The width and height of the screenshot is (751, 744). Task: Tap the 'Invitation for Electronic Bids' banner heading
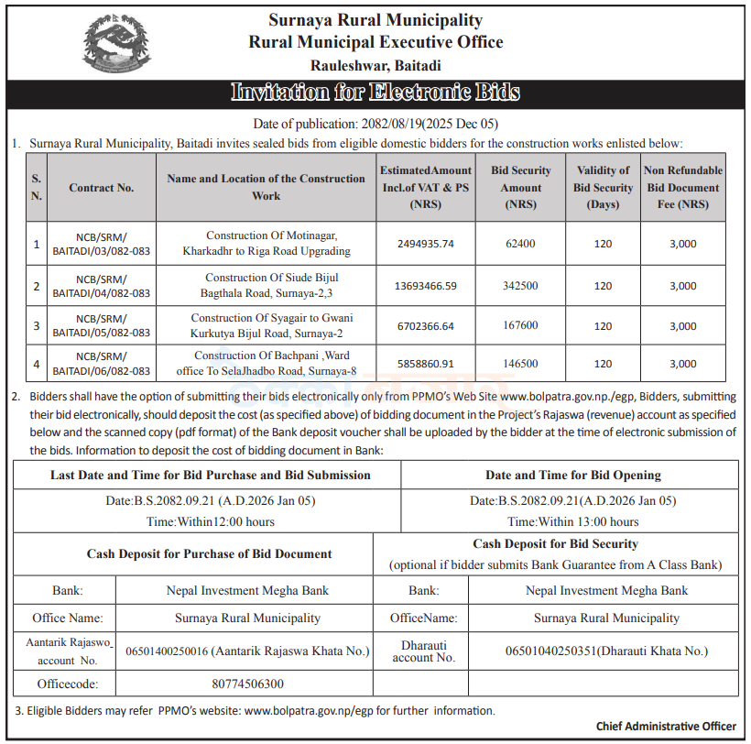375,93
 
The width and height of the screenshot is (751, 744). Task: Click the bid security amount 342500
520,286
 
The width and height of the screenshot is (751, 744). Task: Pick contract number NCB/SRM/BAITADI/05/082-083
101,325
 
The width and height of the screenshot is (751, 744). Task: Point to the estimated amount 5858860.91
426,364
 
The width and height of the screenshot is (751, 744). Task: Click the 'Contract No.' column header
101,188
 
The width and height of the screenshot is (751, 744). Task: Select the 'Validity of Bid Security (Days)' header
603,187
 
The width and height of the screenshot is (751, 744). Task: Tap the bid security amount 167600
520,325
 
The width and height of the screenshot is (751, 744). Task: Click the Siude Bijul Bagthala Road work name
266,285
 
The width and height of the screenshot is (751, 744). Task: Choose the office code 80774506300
247,684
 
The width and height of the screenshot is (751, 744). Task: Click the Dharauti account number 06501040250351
606,651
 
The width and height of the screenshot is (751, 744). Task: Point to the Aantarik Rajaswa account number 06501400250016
247,651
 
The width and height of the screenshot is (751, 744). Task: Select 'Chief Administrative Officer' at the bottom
666,727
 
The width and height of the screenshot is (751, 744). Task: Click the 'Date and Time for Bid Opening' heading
572,475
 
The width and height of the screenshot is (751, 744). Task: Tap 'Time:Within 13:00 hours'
573,521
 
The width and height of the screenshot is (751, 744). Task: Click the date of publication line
375,124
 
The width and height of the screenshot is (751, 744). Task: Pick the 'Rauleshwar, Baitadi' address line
375,65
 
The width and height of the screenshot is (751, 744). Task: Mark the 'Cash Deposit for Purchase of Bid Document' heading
209,553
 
